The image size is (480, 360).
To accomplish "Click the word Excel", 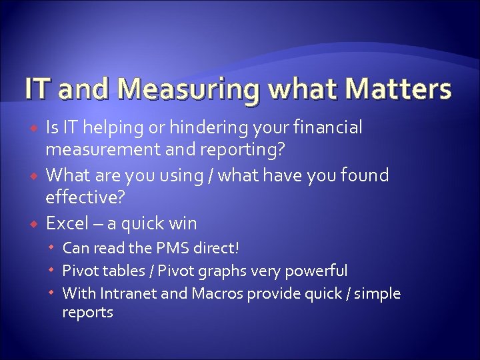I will [67, 222].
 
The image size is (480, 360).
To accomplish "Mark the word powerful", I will [317, 271].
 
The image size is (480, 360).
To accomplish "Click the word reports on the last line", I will [87, 312].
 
